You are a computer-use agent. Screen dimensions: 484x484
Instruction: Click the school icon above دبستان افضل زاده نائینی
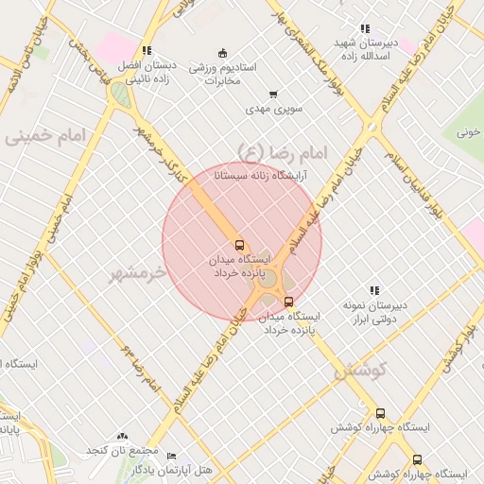tap(146, 51)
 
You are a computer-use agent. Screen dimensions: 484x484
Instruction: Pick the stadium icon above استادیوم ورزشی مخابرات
tap(222, 52)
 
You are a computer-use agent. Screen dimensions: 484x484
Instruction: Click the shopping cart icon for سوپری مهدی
tap(273, 94)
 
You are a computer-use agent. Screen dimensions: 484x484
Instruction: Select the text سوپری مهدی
tap(273, 110)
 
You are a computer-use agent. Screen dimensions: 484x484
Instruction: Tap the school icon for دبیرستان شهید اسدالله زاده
tap(364, 29)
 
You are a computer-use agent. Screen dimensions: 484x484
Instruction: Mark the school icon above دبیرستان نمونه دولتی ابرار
tap(374, 290)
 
